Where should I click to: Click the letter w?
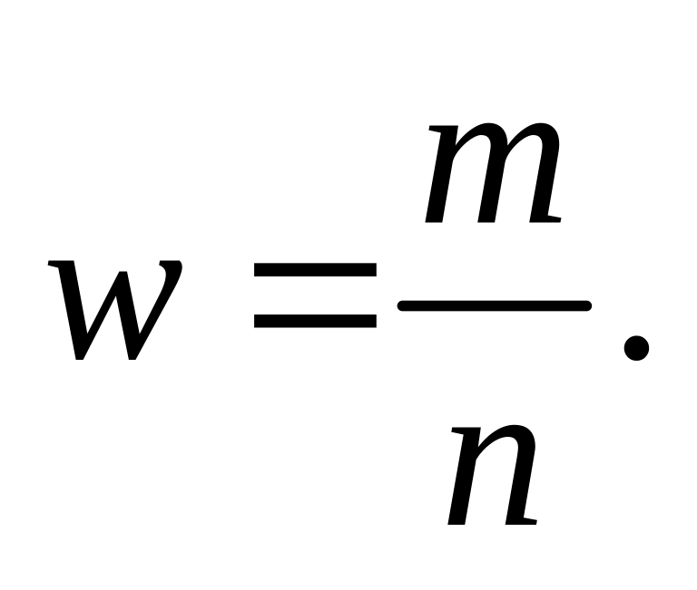click(x=116, y=308)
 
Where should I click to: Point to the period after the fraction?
click(x=636, y=347)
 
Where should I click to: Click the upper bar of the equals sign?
click(x=315, y=270)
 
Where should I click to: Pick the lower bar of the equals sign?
click(x=315, y=320)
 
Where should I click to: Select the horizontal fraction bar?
click(x=495, y=306)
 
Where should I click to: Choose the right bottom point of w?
click(x=134, y=355)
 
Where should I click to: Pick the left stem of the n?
click(x=463, y=480)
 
